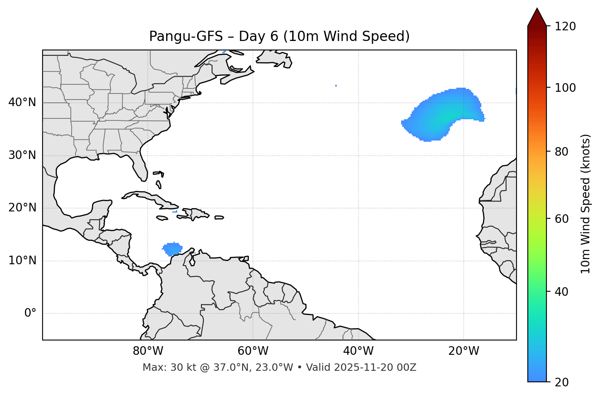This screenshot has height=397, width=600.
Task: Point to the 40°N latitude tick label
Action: point(22,102)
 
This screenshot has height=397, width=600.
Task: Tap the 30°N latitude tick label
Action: point(22,155)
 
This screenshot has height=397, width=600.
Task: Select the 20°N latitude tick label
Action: point(22,208)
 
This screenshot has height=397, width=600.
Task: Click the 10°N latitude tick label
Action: point(22,261)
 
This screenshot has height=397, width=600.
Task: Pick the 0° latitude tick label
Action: point(30,313)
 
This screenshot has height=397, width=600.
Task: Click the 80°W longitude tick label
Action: point(148,351)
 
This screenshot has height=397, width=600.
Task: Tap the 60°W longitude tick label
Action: point(253,351)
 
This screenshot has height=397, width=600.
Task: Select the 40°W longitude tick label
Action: point(358,351)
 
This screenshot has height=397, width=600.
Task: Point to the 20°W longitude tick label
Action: point(463,351)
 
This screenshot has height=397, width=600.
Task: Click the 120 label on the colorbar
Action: point(565,27)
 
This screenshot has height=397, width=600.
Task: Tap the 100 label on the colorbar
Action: point(565,88)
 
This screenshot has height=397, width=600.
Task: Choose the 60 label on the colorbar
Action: point(562,219)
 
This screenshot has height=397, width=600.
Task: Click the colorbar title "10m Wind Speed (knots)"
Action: point(586,204)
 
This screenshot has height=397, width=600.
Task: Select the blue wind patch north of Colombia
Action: point(172,249)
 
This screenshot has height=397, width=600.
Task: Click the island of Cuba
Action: point(151,198)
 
